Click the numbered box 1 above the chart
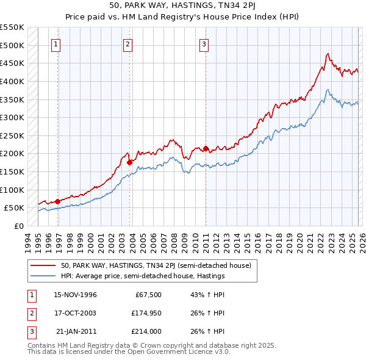[x=56, y=44]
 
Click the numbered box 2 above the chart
[x=127, y=44]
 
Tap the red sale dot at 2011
[x=206, y=148]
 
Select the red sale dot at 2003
[x=130, y=162]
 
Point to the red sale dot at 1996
[x=58, y=201]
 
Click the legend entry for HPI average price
[x=143, y=276]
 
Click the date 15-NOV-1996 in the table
[x=75, y=295]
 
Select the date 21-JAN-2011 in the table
[x=76, y=331]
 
